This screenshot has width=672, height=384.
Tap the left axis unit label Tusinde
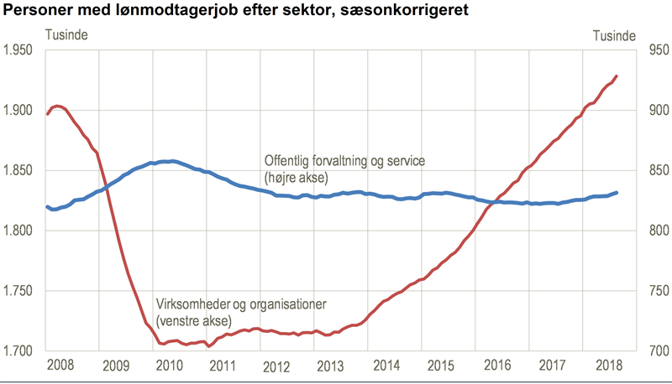tap(65, 35)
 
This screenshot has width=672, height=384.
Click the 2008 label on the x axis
tap(60, 366)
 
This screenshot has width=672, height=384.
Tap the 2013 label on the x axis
tap(329, 366)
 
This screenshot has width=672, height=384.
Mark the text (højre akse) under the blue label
tap(297, 178)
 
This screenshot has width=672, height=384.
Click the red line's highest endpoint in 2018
tap(617, 76)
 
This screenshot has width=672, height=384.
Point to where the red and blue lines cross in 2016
tap(496, 202)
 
